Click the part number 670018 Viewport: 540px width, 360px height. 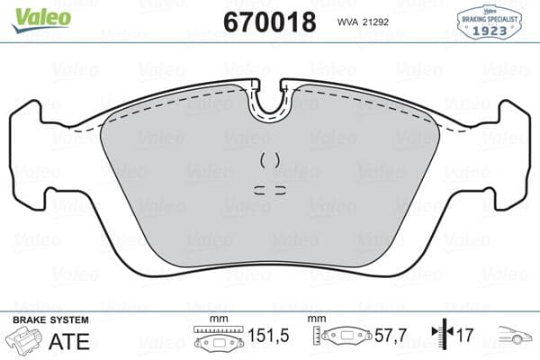coord(269,21)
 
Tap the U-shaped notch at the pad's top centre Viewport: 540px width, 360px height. coord(270,102)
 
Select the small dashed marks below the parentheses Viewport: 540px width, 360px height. coord(270,190)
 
